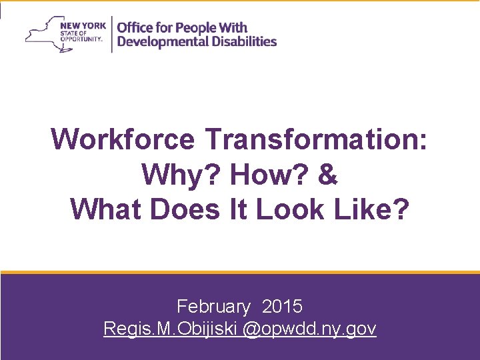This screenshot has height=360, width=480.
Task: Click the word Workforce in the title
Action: pyautogui.click(x=123, y=140)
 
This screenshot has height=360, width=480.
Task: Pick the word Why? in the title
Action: pyautogui.click(x=182, y=175)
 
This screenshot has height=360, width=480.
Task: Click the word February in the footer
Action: pyautogui.click(x=213, y=307)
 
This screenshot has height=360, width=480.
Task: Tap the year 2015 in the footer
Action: pyautogui.click(x=282, y=307)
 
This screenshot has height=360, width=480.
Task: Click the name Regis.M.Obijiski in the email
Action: pyautogui.click(x=171, y=329)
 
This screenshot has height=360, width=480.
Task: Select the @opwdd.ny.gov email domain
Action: pyautogui.click(x=310, y=329)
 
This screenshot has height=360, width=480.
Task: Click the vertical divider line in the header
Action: pyautogui.click(x=111, y=33)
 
